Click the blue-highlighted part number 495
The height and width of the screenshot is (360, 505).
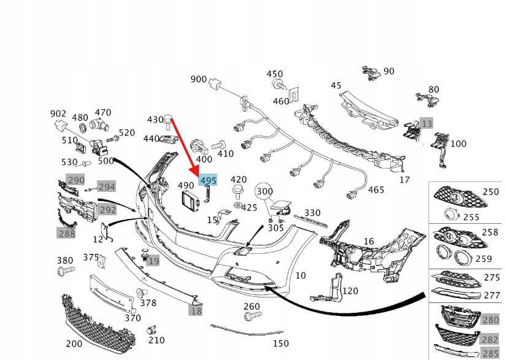pos(208,180)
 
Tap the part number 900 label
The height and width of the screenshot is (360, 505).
pos(199,79)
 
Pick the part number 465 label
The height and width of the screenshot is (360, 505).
pos(376,190)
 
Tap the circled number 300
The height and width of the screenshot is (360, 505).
pos(264,191)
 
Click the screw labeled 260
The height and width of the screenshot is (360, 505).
pos(250,317)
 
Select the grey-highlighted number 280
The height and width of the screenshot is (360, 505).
pos(490,320)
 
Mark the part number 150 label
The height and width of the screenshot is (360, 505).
pos(280,343)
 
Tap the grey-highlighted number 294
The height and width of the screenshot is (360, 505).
pos(107,186)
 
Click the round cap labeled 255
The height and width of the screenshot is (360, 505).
pos(452,213)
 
